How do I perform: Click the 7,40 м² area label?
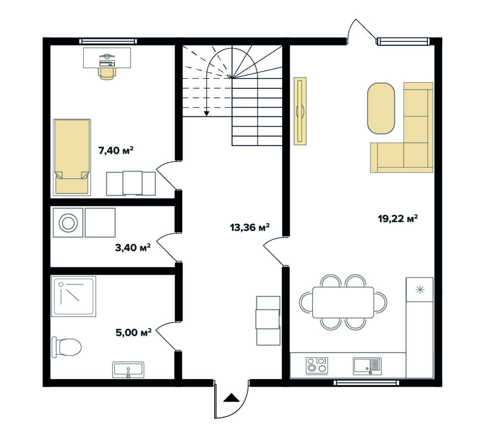click(115, 150)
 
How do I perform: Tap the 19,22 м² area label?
click(398, 219)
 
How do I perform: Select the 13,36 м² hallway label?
click(250, 227)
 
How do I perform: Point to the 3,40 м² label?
click(133, 248)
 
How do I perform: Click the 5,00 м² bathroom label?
click(133, 333)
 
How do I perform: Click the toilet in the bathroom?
click(66, 347)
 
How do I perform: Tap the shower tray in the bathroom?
click(74, 296)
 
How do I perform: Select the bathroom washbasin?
click(128, 370)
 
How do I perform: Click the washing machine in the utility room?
click(68, 223)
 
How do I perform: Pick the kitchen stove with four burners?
click(317, 366)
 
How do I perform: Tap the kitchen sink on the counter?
click(367, 366)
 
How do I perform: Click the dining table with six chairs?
click(343, 302)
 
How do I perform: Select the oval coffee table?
click(381, 109)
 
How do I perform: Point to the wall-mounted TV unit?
click(300, 111)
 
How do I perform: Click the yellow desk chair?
click(107, 74)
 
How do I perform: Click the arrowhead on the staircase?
click(207, 113)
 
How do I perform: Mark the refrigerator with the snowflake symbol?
click(420, 289)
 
